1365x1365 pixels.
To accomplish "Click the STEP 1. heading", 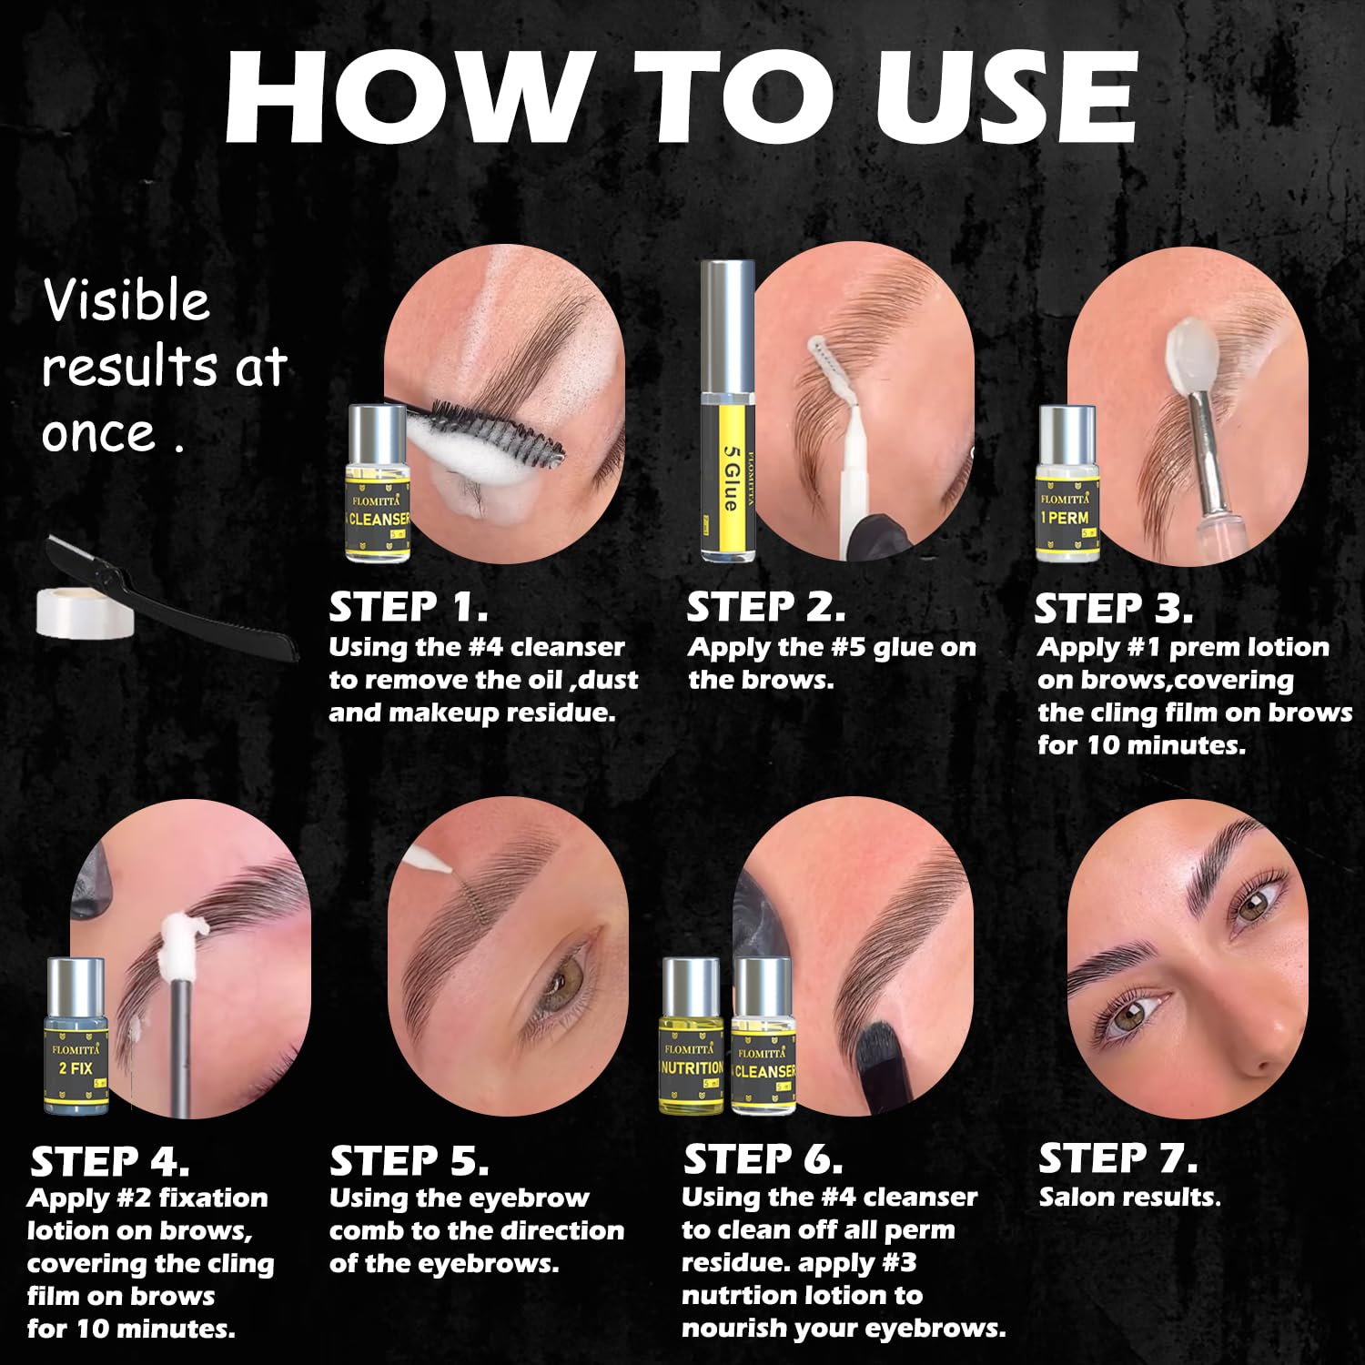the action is pos(408,607).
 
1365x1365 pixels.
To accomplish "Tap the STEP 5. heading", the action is pos(409,1161).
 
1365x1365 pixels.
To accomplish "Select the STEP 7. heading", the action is pos(1117,1158).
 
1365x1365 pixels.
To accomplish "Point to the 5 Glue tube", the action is pos(728,411).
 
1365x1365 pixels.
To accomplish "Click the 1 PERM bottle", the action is pos(1067,484).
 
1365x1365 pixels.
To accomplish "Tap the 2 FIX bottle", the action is pos(76,1035).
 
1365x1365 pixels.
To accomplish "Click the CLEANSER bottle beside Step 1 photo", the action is pos(378,483).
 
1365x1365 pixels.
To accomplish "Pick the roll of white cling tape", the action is pos(85,612).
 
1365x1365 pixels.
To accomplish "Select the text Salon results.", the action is pos(1129,1197).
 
